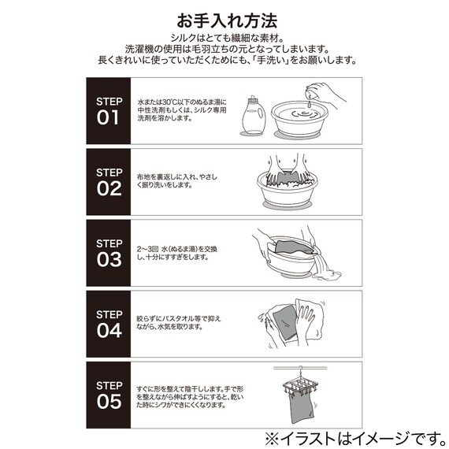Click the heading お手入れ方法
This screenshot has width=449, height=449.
tap(224, 18)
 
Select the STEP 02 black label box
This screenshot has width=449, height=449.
tap(109, 182)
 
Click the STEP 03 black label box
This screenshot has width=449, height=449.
tap(109, 253)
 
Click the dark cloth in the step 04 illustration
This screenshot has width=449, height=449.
tap(281, 325)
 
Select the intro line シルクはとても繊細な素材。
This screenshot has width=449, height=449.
tap(224, 37)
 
